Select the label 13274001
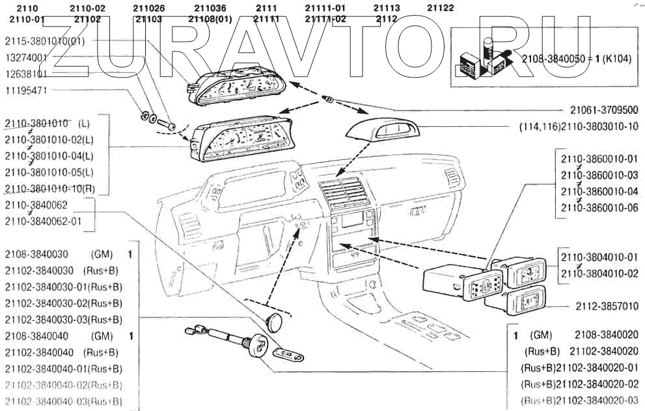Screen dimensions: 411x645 tap(26, 57)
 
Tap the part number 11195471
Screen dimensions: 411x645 tap(26, 90)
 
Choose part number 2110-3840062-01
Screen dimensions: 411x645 tap(43, 221)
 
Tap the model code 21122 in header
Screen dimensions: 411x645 tap(441, 8)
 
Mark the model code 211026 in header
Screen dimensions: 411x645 tap(148, 8)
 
